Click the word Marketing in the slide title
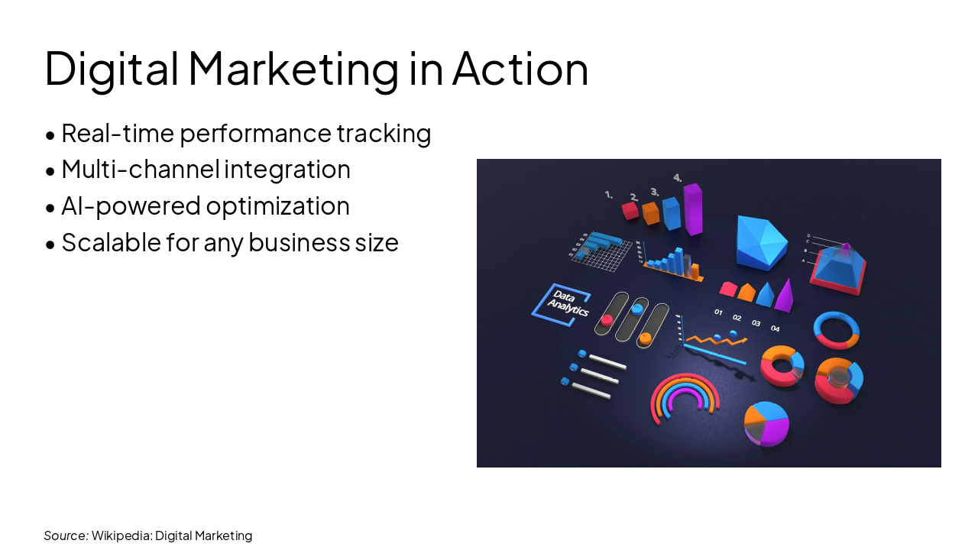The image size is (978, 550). tap(293, 68)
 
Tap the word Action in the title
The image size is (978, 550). tap(520, 68)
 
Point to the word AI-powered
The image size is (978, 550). tap(131, 206)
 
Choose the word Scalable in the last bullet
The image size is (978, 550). tap(106, 243)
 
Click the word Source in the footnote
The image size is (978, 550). tap(65, 535)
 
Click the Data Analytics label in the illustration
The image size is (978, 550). tap(565, 305)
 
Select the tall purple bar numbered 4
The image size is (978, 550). tap(693, 208)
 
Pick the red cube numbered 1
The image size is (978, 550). tap(630, 210)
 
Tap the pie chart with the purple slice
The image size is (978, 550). tap(766, 423)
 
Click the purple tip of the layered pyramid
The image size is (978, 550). tap(846, 247)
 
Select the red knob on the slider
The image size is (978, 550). tap(607, 319)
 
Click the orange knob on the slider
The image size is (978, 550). tap(646, 336)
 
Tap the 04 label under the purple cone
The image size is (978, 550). tap(775, 328)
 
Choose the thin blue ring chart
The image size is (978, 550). tap(836, 329)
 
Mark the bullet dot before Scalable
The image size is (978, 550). tap(50, 244)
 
